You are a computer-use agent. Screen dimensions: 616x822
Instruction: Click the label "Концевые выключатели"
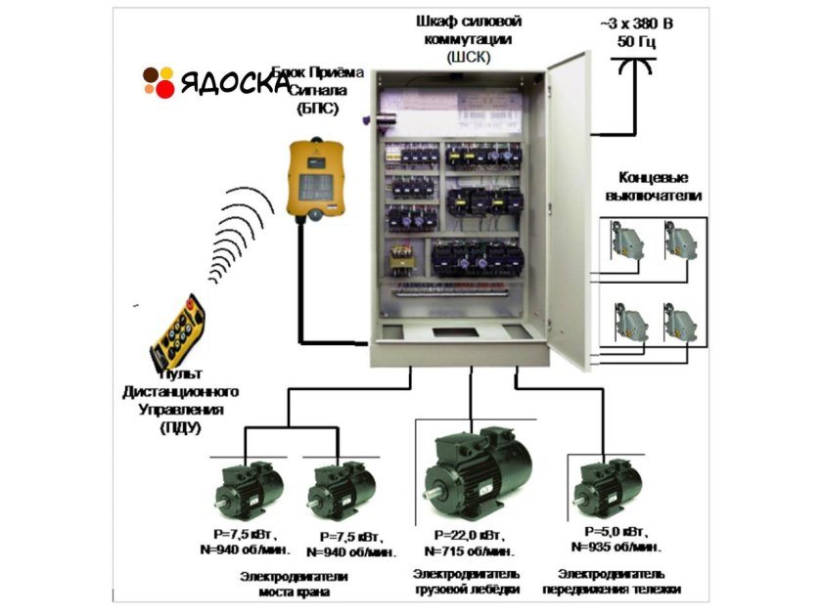[x=654, y=187]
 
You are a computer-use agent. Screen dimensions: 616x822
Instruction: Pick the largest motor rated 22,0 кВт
[x=477, y=470]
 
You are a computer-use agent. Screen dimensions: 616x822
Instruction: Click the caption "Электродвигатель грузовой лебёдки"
[x=467, y=581]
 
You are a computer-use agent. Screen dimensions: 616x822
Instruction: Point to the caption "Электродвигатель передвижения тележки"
[x=618, y=581]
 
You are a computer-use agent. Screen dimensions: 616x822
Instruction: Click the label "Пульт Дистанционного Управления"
[x=186, y=401]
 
